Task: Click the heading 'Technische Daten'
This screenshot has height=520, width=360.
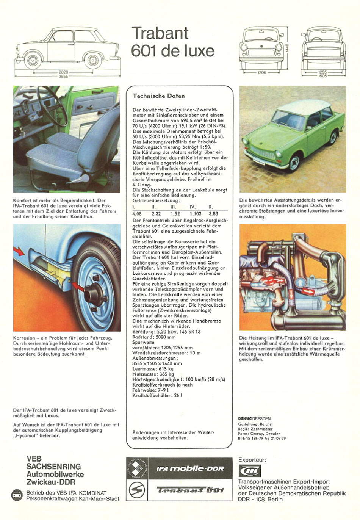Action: (158, 96)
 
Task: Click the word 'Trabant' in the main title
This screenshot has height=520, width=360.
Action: (160, 33)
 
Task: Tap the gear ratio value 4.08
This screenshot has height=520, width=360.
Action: (137, 214)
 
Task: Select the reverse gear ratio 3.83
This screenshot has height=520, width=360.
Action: (213, 214)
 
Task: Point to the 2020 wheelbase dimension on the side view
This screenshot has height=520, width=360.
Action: (63, 72)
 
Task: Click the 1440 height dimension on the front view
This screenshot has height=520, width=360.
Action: (287, 48)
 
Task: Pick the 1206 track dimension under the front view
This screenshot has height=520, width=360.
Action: (261, 72)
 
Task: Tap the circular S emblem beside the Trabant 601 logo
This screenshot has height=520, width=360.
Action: (136, 490)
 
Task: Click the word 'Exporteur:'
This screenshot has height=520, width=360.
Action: (252, 460)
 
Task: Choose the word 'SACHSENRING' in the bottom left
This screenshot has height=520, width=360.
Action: (53, 467)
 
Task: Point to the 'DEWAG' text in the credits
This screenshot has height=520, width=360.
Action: (245, 419)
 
